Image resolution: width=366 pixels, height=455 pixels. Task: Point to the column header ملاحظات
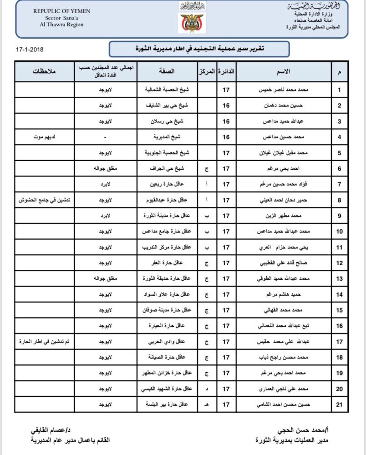coord(44,72)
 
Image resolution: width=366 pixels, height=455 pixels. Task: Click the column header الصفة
coord(167,72)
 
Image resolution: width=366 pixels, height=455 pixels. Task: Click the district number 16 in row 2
coord(226,106)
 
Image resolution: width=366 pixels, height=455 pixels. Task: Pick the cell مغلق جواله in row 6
coord(106,168)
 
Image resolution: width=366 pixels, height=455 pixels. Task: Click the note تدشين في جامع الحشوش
coord(44,200)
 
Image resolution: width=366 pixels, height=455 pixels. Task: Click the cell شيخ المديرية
coord(167,137)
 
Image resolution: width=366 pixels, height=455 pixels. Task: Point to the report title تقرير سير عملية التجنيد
coord(199,48)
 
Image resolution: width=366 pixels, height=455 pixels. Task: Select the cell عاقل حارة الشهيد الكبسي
coord(167,389)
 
